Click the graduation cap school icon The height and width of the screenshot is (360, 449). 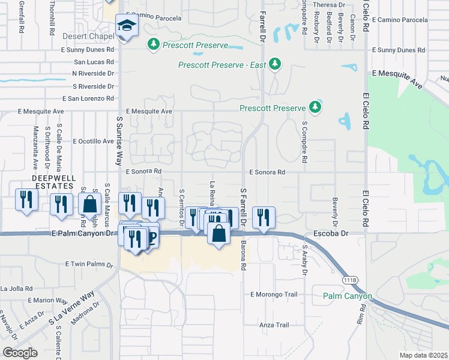pyautogui.click(x=127, y=25)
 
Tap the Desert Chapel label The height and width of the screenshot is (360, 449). pyautogui.click(x=88, y=37)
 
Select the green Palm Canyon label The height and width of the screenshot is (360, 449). pyautogui.click(x=348, y=296)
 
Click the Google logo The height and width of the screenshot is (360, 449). pyautogui.click(x=20, y=353)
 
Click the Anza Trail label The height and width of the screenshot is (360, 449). pyautogui.click(x=274, y=325)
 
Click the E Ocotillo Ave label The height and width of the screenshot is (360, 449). pyautogui.click(x=92, y=142)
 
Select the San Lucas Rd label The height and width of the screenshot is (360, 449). pyautogui.click(x=94, y=62)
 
